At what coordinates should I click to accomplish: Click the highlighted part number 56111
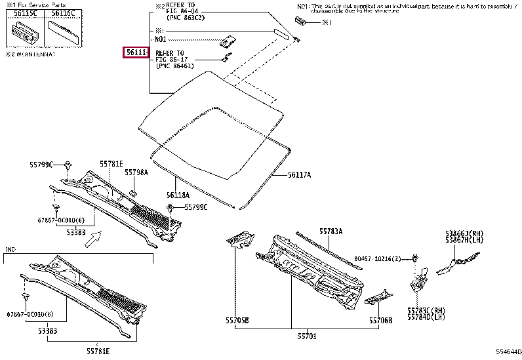136,52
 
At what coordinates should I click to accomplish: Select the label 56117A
299,175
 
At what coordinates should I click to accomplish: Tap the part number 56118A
178,195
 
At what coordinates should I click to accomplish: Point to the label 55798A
136,172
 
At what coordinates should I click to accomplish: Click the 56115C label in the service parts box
26,13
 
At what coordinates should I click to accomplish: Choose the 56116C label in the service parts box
63,13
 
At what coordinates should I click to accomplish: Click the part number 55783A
331,231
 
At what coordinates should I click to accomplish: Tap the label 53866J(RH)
466,233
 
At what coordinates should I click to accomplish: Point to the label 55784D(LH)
426,316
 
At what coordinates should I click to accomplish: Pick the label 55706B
380,320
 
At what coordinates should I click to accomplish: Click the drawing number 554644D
508,352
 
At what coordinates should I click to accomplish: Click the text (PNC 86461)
174,66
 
